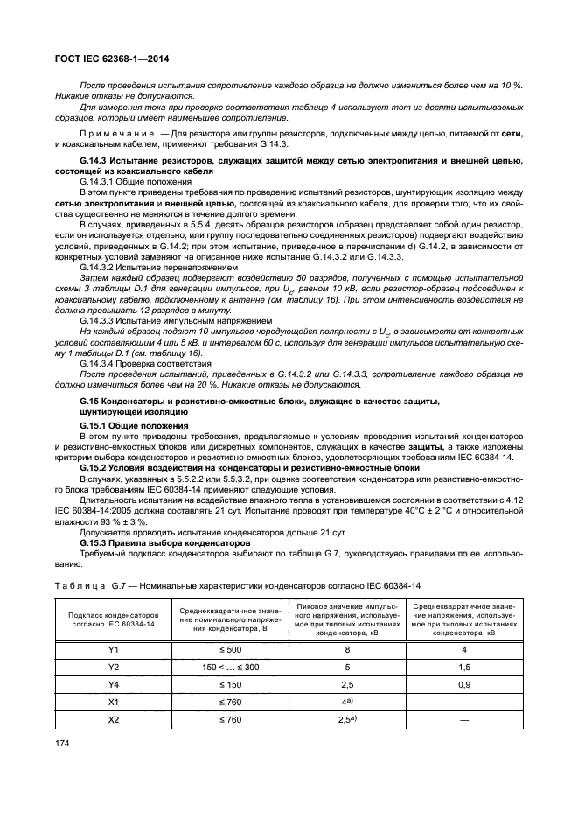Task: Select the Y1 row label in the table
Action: pyautogui.click(x=113, y=650)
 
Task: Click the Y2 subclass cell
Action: pyautogui.click(x=113, y=668)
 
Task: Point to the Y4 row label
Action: pyautogui.click(x=113, y=685)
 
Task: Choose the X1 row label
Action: pyautogui.click(x=113, y=702)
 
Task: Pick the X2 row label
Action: pyautogui.click(x=113, y=719)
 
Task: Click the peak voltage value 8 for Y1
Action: pyautogui.click(x=347, y=650)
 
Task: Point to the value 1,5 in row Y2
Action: pyautogui.click(x=464, y=668)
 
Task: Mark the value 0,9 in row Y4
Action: pyautogui.click(x=464, y=685)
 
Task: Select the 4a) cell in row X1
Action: pyautogui.click(x=347, y=702)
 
